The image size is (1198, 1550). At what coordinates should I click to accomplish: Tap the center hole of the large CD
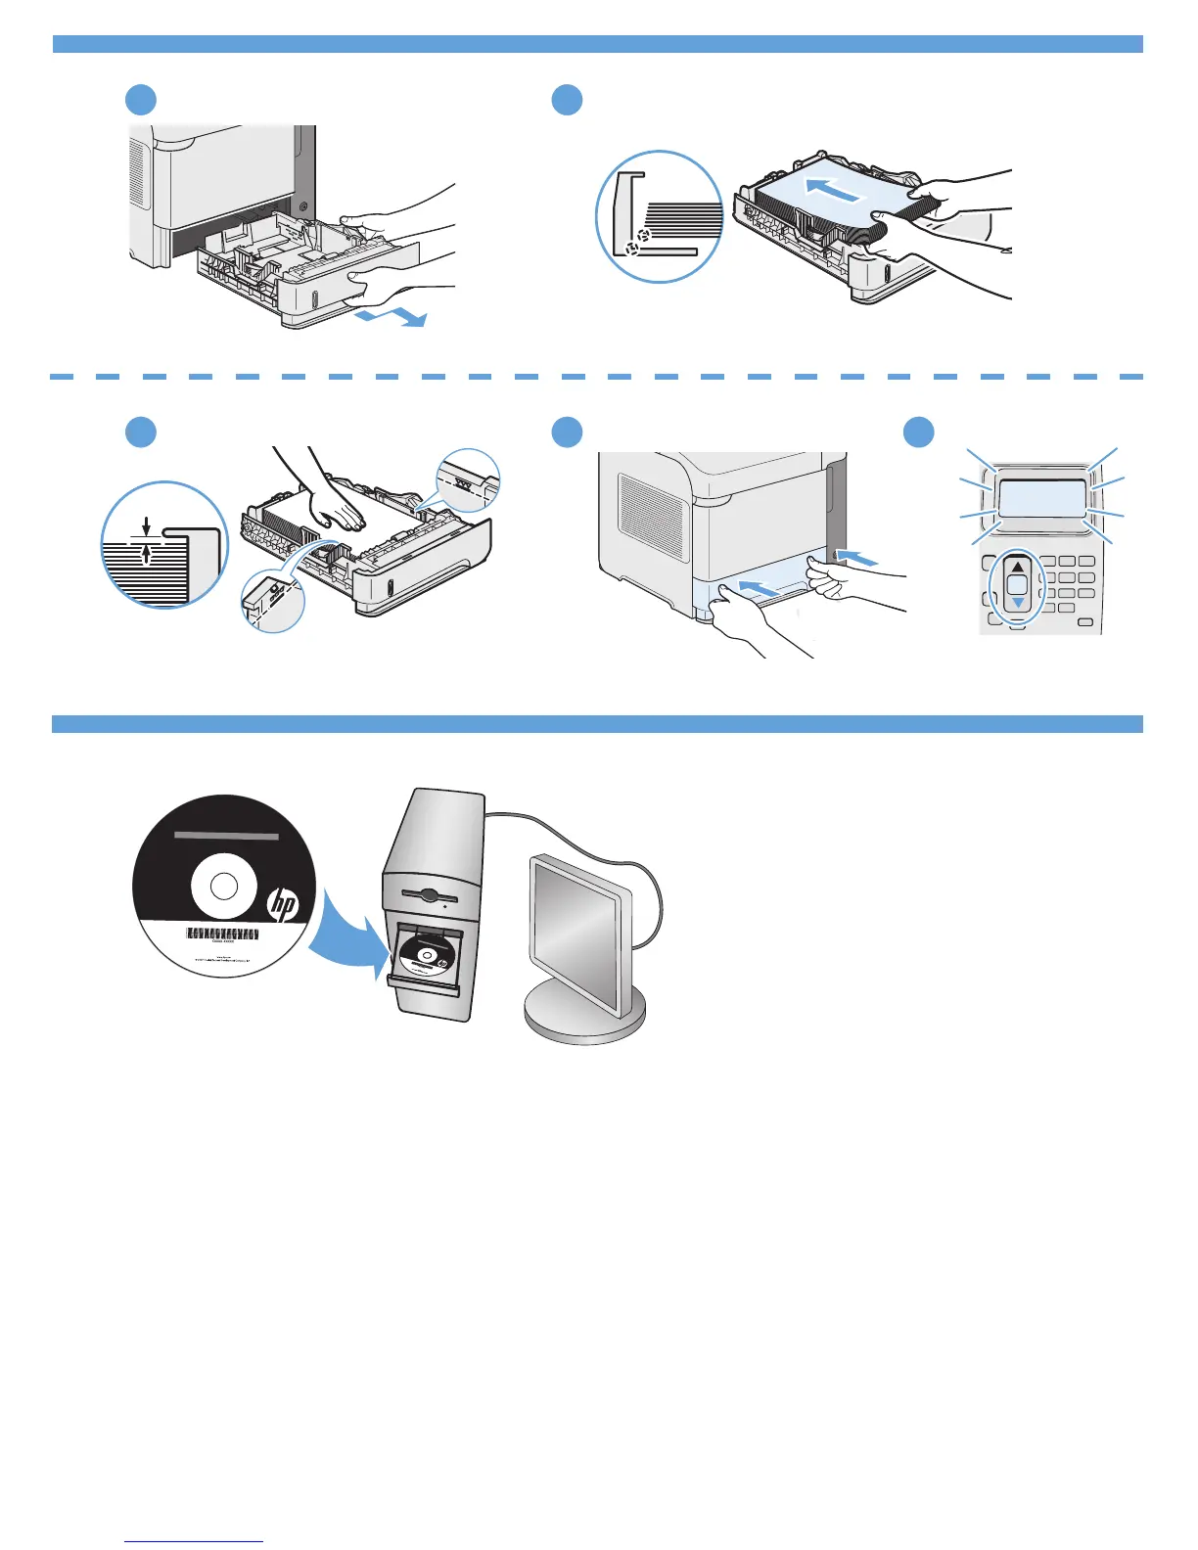(224, 886)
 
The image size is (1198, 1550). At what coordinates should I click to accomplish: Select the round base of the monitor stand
(584, 1017)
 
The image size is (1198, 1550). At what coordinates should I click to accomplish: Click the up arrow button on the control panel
(1018, 567)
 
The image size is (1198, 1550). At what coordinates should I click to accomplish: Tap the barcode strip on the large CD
(223, 934)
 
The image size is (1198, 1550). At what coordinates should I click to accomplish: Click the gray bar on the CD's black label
(226, 836)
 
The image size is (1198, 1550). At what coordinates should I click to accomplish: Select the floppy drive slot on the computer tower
(432, 892)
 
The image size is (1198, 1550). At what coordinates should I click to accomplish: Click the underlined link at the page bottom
(195, 1542)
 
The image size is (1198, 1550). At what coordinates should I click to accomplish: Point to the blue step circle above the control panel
(918, 433)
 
